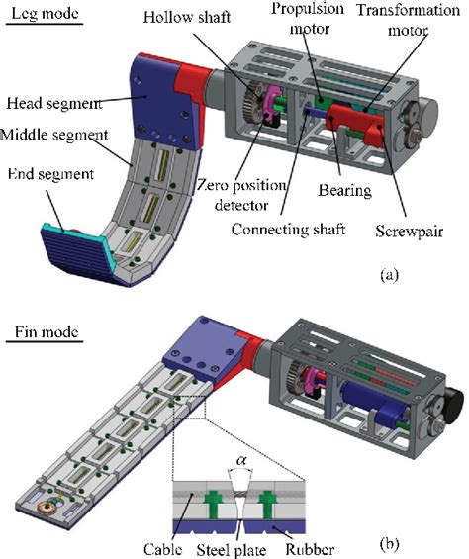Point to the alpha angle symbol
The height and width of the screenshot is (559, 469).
tap(237, 458)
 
